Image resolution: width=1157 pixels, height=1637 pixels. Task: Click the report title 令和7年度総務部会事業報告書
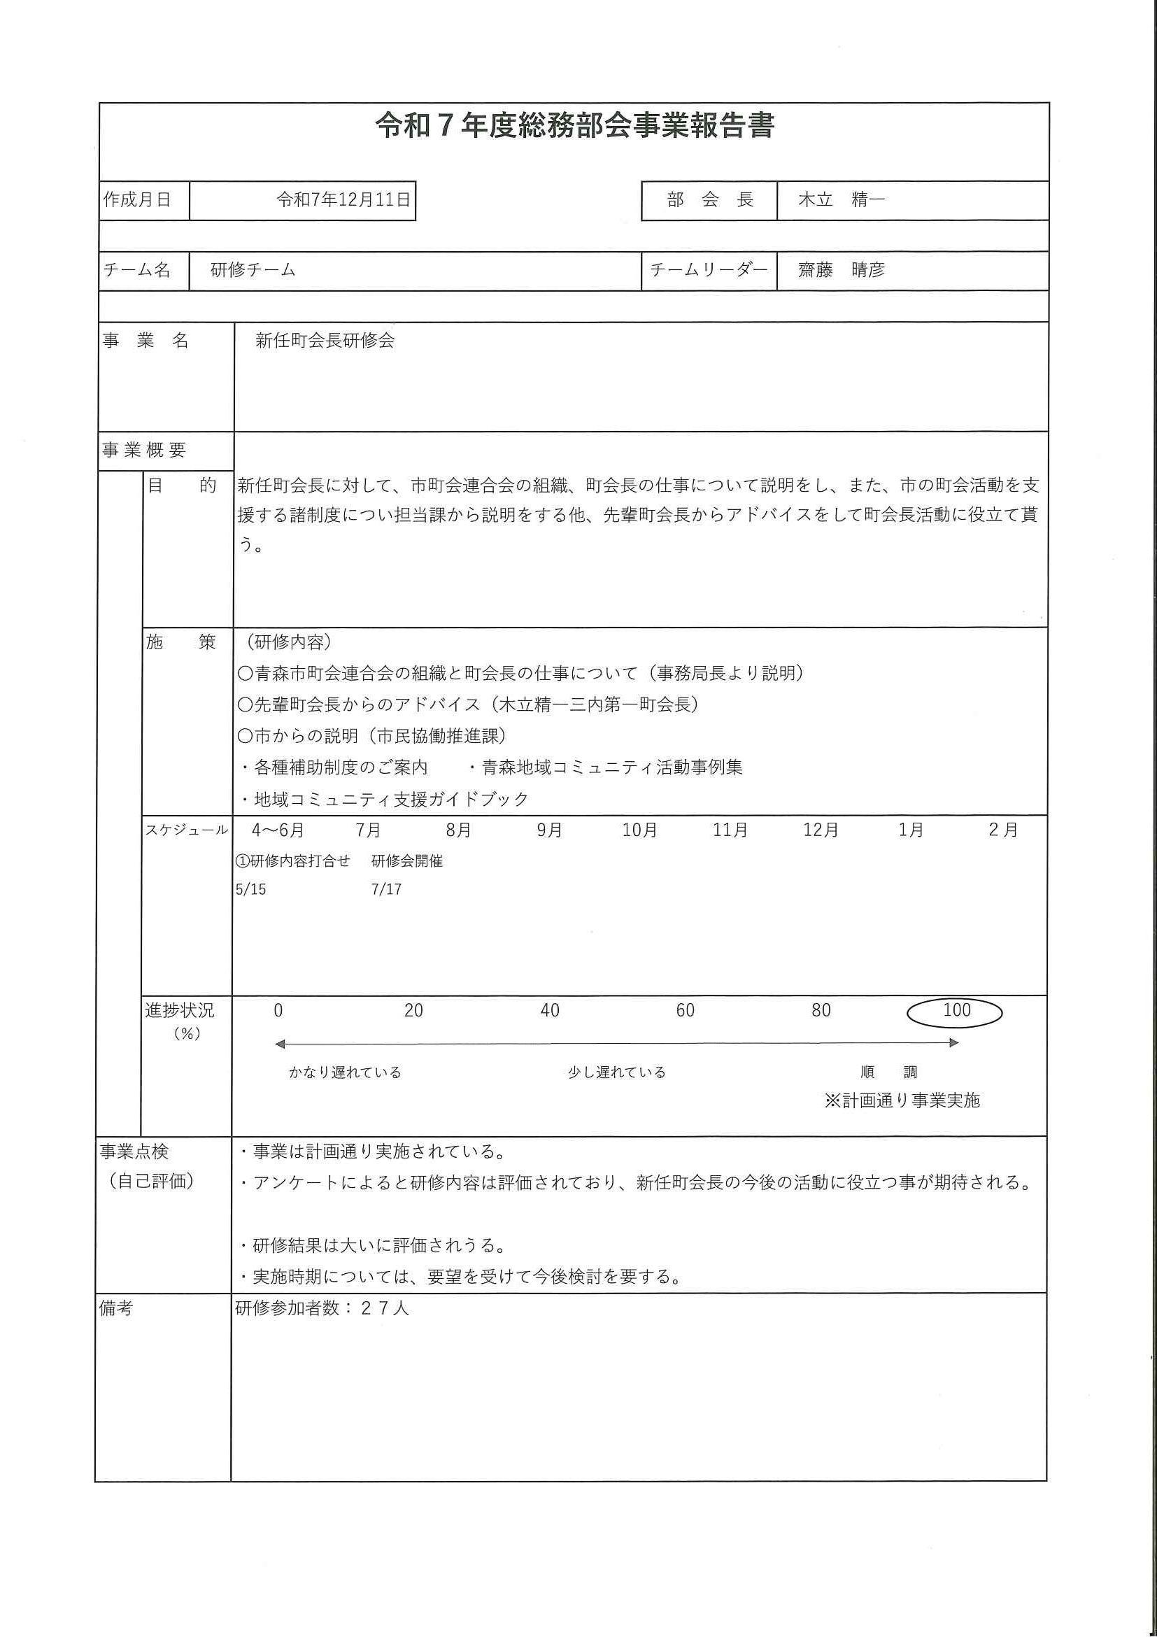574,125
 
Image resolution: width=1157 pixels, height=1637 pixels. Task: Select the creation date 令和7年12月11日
343,199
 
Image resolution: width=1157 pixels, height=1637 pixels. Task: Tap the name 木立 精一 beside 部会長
842,199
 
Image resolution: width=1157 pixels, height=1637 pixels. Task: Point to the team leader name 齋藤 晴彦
842,269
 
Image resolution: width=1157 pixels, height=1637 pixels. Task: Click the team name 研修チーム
253,269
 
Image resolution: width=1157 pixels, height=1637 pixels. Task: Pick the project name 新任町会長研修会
325,340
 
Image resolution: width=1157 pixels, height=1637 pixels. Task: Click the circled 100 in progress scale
956,1010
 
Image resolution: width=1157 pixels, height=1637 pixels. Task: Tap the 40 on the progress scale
550,1010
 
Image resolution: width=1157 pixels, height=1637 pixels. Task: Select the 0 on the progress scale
278,1010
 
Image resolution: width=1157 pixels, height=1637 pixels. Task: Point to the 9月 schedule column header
550,830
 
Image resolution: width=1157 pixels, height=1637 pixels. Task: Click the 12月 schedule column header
821,830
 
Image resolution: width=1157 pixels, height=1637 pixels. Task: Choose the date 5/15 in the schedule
251,889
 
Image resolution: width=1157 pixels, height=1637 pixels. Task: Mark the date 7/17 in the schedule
386,889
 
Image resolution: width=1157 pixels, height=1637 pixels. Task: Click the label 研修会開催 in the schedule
407,861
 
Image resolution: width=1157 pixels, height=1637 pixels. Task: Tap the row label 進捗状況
180,1010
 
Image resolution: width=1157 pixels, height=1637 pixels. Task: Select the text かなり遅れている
345,1072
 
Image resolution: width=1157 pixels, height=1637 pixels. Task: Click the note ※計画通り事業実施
902,1100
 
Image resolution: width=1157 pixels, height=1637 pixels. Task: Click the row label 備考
116,1308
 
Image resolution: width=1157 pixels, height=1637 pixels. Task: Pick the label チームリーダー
709,269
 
